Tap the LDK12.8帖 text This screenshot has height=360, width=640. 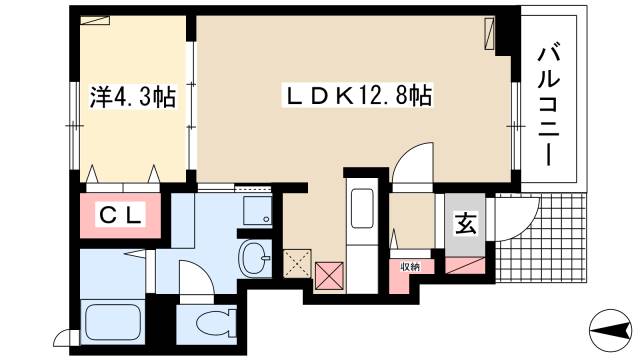tap(359, 96)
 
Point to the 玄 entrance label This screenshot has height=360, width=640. tap(465, 225)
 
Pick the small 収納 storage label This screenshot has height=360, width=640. tap(410, 266)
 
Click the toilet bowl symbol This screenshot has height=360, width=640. tap(208, 323)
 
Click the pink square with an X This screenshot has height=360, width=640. tap(329, 274)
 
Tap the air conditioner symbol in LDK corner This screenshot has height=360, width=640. tap(489, 34)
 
